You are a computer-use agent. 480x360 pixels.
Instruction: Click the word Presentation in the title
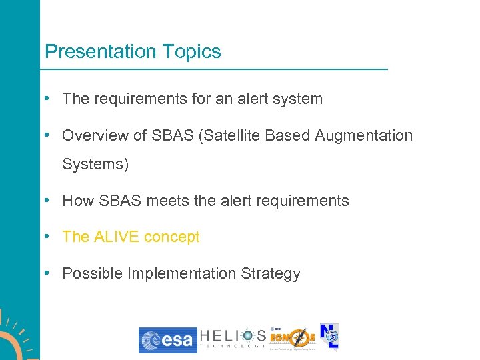coord(99,52)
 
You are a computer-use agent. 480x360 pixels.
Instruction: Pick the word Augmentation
coord(364,136)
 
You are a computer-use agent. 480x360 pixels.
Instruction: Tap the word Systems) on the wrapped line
coord(95,164)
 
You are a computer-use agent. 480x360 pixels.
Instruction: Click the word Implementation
coord(178,274)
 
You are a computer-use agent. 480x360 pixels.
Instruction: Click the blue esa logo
coord(167,340)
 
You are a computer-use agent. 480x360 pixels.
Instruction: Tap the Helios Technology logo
coord(233,339)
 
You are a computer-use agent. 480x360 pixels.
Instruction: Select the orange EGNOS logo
coord(293,339)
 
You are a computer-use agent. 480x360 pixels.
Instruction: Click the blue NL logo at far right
coord(329,337)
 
